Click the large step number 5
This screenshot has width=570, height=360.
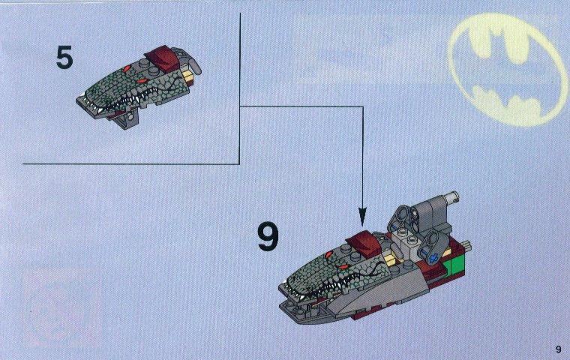pos(64,58)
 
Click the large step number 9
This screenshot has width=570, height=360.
pos(268,237)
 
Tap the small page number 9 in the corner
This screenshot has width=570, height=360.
pos(558,349)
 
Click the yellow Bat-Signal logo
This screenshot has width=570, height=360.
pos(508,69)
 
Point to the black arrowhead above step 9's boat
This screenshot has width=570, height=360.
pos(362,216)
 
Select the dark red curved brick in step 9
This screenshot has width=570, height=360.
pos(364,242)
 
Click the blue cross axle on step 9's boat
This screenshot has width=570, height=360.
pos(432,259)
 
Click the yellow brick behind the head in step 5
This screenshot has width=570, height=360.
pos(190,77)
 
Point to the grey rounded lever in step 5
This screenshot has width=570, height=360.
pos(190,64)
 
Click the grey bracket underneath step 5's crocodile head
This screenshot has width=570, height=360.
pos(127,120)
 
